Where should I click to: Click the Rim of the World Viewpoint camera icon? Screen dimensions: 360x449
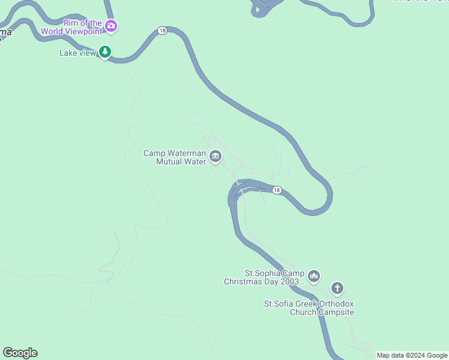click(110, 26)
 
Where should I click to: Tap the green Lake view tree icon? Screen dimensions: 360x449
click(105, 53)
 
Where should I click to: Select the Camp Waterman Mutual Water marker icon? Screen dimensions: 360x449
click(215, 157)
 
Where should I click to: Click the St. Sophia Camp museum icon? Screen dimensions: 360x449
click(314, 277)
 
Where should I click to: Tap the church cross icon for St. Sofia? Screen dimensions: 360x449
click(337, 289)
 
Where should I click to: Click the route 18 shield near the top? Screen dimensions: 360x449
click(162, 31)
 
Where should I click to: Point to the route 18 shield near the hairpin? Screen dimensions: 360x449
click(276, 190)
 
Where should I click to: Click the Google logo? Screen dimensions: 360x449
click(20, 353)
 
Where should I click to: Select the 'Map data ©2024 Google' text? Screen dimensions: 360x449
click(412, 355)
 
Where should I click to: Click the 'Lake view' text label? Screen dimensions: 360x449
click(77, 53)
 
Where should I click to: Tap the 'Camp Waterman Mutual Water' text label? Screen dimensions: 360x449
click(175, 157)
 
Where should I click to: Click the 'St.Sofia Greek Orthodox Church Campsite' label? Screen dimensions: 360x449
click(309, 308)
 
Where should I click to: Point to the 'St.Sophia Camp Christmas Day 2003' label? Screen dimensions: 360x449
click(264, 277)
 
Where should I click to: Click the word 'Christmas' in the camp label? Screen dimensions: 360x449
click(244, 281)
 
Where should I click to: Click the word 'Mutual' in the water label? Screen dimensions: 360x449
click(168, 161)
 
